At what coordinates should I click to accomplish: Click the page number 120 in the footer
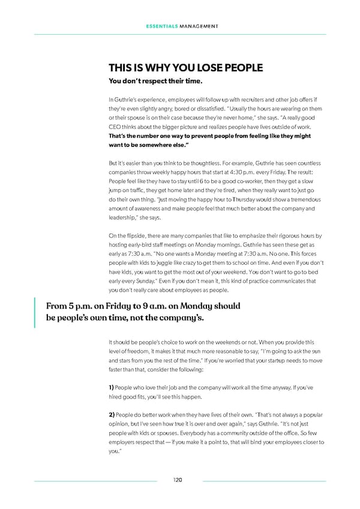tap(178, 480)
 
